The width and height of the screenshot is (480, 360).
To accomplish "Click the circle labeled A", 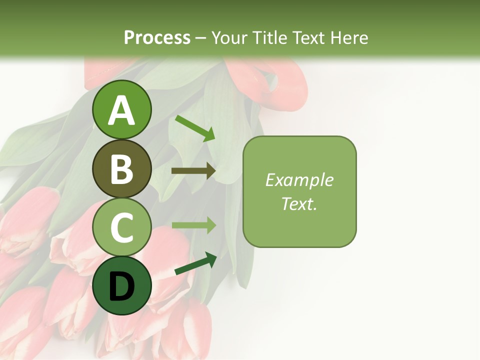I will (121, 109).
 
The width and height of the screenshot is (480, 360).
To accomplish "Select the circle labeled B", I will (121, 168).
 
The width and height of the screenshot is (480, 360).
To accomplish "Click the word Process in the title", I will (157, 37).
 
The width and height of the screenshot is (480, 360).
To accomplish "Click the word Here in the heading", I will (349, 37).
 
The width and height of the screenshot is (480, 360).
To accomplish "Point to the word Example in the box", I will (299, 180).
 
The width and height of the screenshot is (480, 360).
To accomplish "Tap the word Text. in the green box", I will (299, 203).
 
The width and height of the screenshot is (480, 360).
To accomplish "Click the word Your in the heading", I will (230, 37).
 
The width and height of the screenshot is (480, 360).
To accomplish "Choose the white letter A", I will (121, 110).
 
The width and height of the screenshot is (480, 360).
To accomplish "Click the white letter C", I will (121, 228).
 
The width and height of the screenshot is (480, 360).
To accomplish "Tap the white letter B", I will (121, 169).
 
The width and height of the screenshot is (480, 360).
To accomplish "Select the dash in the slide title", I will (201, 38).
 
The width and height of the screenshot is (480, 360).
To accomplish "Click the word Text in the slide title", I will (308, 37).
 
